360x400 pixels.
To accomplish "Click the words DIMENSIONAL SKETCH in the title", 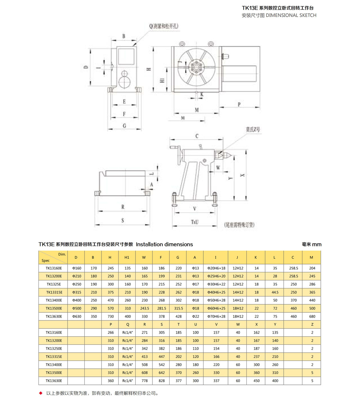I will (x=291, y=15).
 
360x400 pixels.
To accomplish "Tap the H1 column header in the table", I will (x=127, y=257).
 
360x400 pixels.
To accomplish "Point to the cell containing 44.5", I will (x=275, y=292).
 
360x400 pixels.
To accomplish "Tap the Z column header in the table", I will (x=312, y=324).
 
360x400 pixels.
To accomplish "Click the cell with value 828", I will (x=161, y=381).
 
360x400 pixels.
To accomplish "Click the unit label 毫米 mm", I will (x=311, y=244).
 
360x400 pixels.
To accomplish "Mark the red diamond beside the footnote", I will (x=40, y=393).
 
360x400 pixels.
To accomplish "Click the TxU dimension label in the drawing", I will (x=195, y=221).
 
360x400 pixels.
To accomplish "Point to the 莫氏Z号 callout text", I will (x=253, y=130).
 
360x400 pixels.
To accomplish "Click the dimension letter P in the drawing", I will (x=239, y=104).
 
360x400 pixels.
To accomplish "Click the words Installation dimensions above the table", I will (x=164, y=244).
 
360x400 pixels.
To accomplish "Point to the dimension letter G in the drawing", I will (x=124, y=126).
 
